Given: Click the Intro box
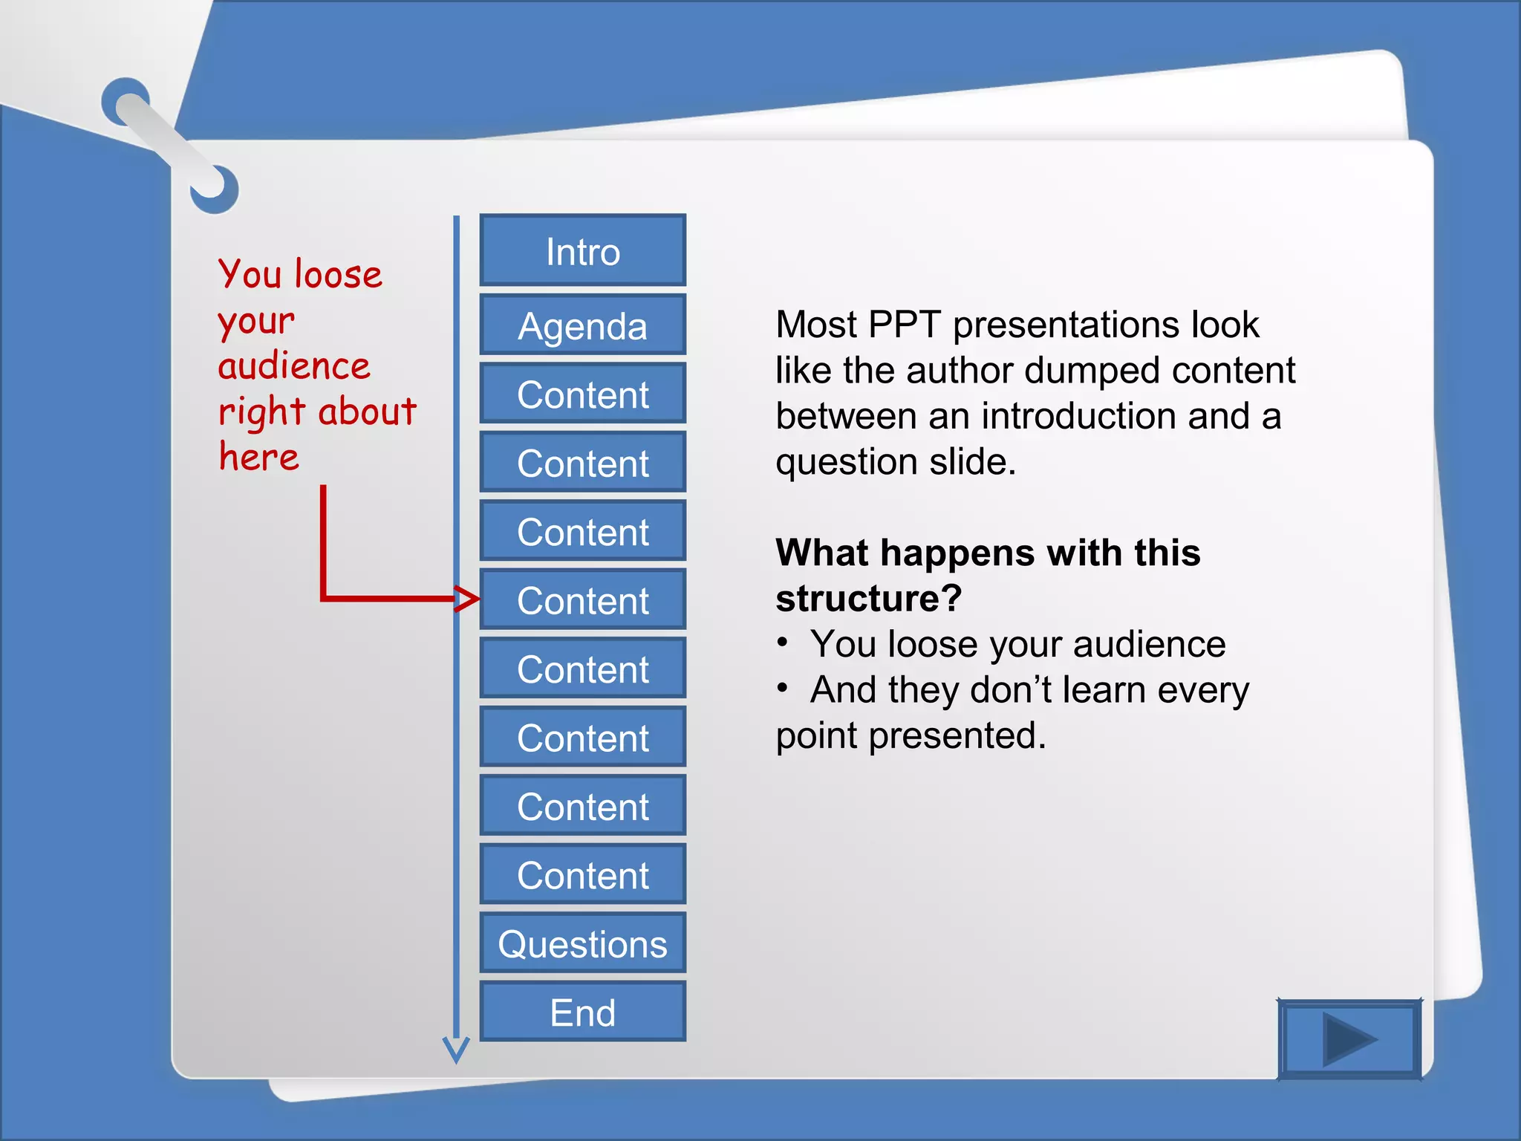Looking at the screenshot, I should click(583, 251).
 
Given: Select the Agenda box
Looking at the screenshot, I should click(583, 325).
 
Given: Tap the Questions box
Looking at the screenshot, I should click(583, 943).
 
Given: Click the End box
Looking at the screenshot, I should click(583, 1012).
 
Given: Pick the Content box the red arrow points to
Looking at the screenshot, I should click(583, 600).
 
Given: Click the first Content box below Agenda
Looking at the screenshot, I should click(583, 394).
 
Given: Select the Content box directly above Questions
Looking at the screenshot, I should click(583, 875).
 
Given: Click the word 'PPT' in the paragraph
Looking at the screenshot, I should click(904, 325).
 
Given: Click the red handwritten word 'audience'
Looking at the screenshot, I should click(294, 365).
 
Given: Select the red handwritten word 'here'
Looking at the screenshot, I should click(258, 456).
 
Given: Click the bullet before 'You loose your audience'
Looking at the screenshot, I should click(782, 643).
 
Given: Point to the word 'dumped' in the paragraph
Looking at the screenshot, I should click(1091, 371).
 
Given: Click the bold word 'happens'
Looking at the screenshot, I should click(959, 553).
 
